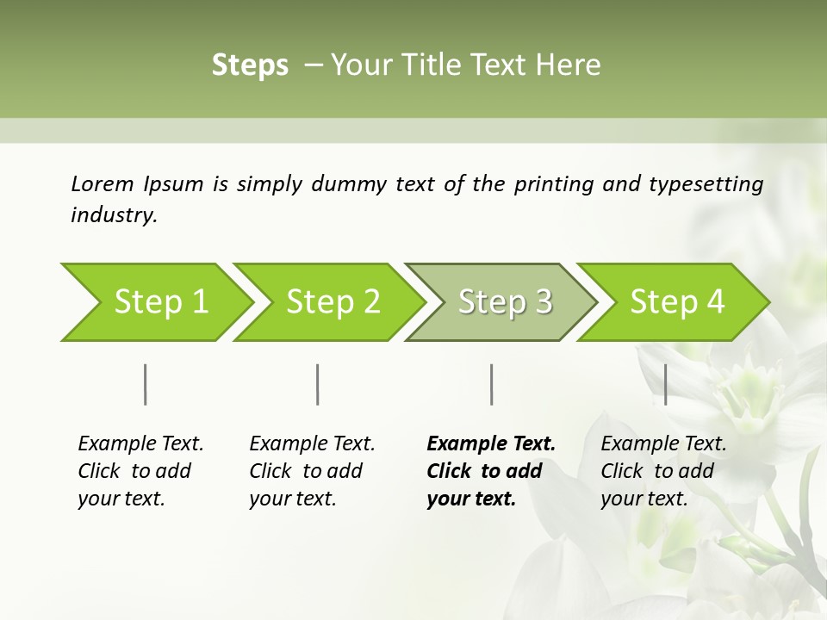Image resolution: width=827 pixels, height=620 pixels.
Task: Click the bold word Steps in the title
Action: [250, 65]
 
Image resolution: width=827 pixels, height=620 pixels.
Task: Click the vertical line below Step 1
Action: [146, 384]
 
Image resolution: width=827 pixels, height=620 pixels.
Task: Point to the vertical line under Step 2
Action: [318, 384]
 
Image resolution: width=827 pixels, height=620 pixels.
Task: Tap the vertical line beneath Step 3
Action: [491, 384]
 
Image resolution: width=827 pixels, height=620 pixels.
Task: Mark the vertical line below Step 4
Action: [665, 384]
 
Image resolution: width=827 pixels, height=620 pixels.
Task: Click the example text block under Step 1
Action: [140, 471]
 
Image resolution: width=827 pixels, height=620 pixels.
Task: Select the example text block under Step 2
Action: [312, 471]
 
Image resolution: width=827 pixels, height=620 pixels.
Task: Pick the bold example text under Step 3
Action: [491, 471]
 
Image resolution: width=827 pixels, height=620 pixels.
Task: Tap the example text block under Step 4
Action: [663, 471]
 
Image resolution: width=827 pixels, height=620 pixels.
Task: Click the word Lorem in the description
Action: [102, 183]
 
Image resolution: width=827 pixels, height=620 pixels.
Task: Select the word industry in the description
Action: [113, 215]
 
